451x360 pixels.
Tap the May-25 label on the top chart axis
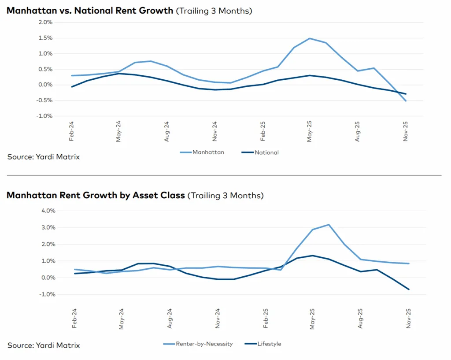(x=310, y=131)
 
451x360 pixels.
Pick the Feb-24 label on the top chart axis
(x=71, y=131)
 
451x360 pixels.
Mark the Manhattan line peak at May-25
(x=310, y=38)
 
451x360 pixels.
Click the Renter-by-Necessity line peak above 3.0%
(x=329, y=225)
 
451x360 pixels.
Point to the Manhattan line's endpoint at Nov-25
(x=406, y=101)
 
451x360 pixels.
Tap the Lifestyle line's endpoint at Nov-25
(x=409, y=289)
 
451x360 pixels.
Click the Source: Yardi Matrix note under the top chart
(x=44, y=156)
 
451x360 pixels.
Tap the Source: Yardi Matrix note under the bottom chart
(x=44, y=345)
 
